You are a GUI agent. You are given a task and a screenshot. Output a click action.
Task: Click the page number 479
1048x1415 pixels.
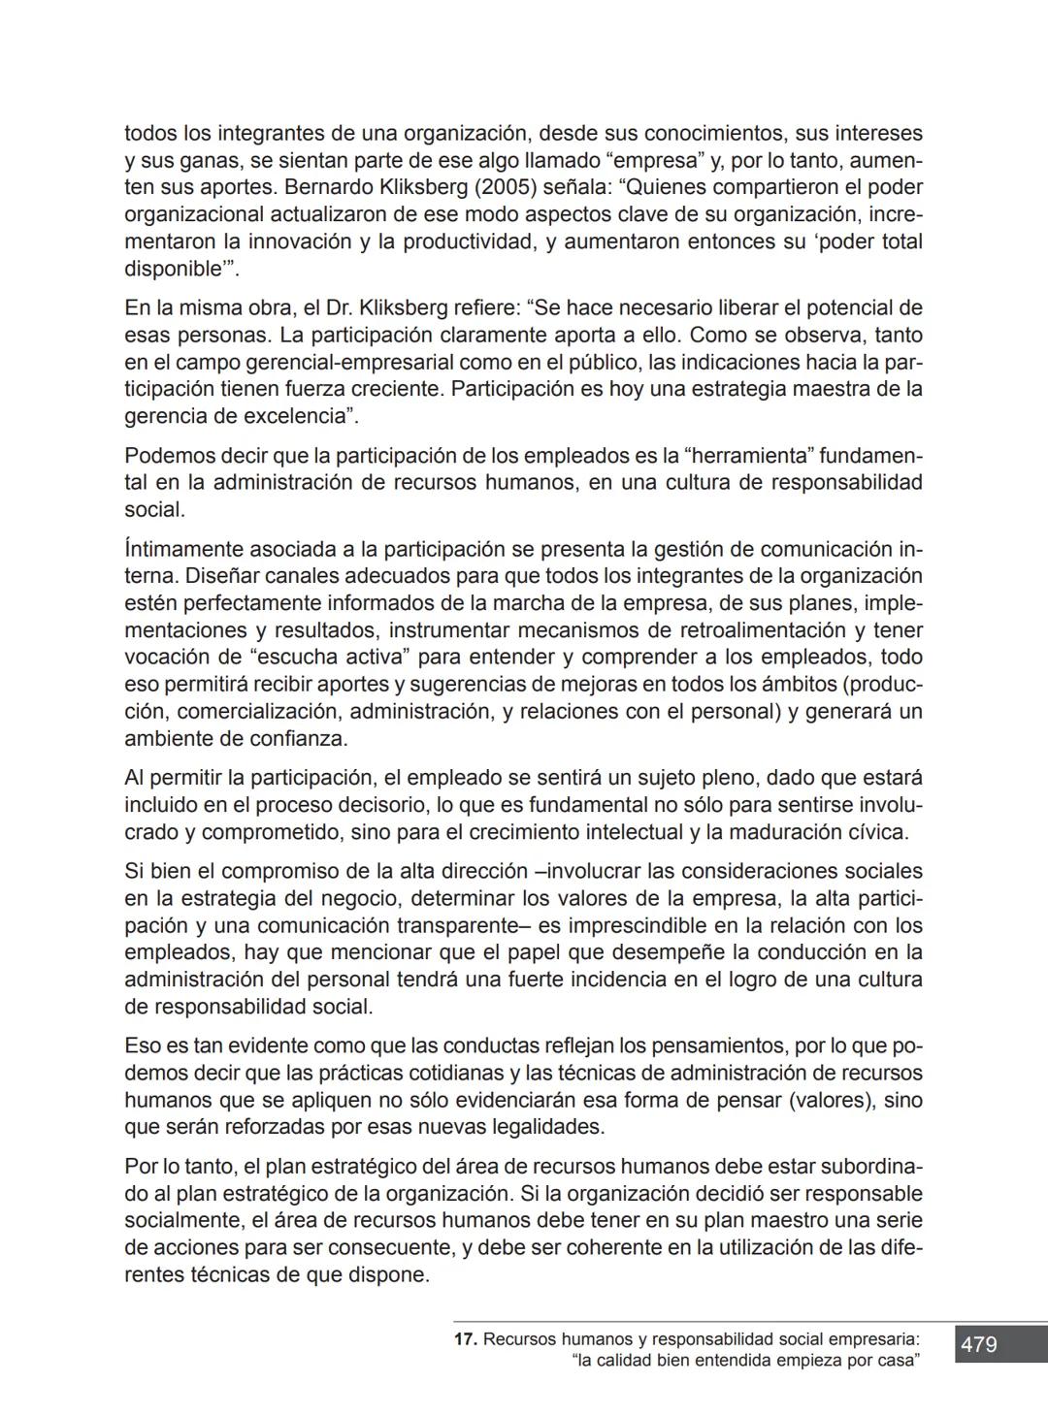tap(979, 1345)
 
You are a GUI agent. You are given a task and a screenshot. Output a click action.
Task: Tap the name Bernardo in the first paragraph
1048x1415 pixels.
tap(324, 186)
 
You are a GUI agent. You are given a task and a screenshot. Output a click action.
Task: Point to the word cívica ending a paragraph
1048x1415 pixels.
tap(876, 832)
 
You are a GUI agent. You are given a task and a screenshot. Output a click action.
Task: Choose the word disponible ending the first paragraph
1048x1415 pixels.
tap(176, 269)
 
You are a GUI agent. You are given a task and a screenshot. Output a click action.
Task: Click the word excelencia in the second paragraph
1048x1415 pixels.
tap(294, 417)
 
